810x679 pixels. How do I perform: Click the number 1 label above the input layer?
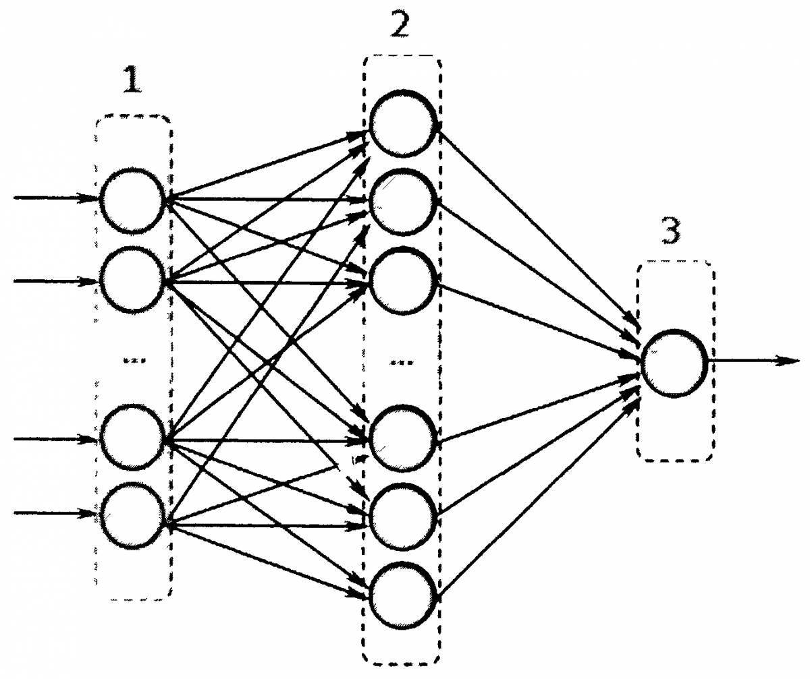132,82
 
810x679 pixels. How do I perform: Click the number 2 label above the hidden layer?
400,26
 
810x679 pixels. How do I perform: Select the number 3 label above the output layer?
670,231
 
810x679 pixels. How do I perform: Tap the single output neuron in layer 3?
674,362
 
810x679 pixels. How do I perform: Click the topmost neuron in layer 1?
132,200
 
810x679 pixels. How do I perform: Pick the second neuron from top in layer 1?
132,280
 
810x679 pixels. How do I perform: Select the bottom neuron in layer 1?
132,516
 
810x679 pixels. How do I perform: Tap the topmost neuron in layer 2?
402,124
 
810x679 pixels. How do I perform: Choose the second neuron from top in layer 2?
402,202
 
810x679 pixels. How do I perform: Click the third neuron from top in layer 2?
402,282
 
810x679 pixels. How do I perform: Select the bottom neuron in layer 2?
402,595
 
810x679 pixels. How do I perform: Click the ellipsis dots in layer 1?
132,359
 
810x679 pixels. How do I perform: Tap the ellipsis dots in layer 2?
401,362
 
